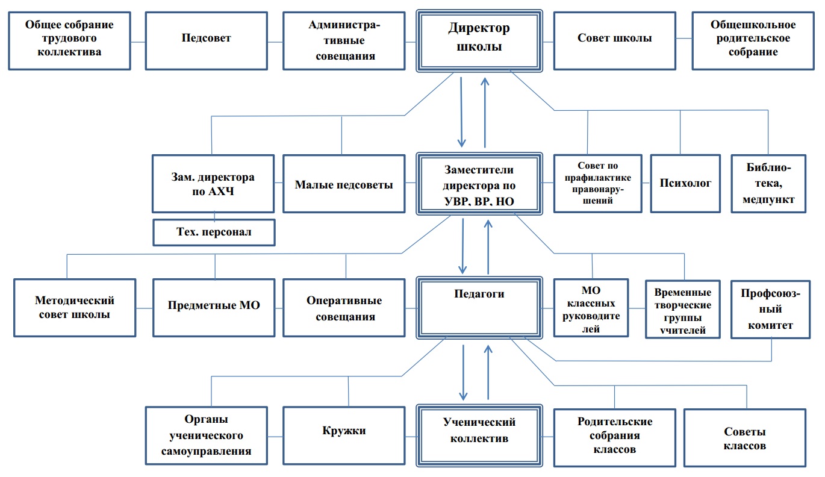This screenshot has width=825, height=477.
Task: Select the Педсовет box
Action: pos(207,39)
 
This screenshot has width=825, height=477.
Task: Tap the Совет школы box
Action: pos(614,39)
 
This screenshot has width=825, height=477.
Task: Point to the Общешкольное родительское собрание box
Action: pos(753,39)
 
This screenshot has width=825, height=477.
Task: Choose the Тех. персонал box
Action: pos(214,232)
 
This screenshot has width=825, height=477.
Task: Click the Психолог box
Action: pos(685,183)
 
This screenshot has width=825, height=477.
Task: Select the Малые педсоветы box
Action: pos(344,184)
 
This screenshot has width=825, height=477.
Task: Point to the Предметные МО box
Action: pos(214,306)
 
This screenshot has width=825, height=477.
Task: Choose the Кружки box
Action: pos(344,431)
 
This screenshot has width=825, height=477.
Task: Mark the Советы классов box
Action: pos(745,438)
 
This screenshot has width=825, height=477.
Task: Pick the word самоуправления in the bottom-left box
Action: pos(206,450)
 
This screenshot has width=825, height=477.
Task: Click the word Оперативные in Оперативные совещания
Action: pos(344,301)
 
